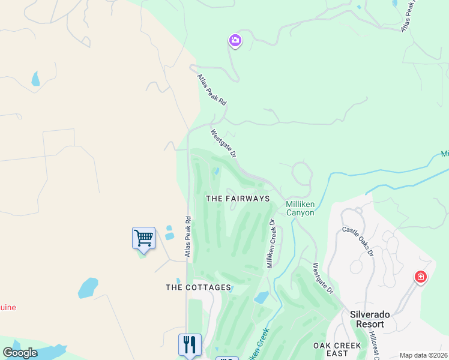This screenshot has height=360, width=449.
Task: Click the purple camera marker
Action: (x=235, y=41)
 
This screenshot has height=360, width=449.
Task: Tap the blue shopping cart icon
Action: (x=143, y=238)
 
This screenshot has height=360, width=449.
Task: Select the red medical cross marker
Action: (x=421, y=277)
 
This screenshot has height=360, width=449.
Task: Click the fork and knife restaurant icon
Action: (x=190, y=344)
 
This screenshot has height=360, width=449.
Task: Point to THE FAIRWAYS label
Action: (x=237, y=198)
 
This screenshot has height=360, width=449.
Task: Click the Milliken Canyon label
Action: (x=300, y=208)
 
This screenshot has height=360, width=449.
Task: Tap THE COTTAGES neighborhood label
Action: (x=198, y=287)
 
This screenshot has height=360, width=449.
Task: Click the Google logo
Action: (x=20, y=353)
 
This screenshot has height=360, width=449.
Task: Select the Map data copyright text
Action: (x=423, y=355)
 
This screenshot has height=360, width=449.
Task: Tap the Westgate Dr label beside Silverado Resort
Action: (x=323, y=278)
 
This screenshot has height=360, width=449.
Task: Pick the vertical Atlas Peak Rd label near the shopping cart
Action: (x=188, y=237)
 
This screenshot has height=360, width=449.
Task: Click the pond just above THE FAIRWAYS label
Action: (x=217, y=172)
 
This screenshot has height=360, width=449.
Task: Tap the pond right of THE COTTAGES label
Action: (x=261, y=297)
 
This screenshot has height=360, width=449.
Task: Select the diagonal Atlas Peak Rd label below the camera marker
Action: (x=212, y=90)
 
